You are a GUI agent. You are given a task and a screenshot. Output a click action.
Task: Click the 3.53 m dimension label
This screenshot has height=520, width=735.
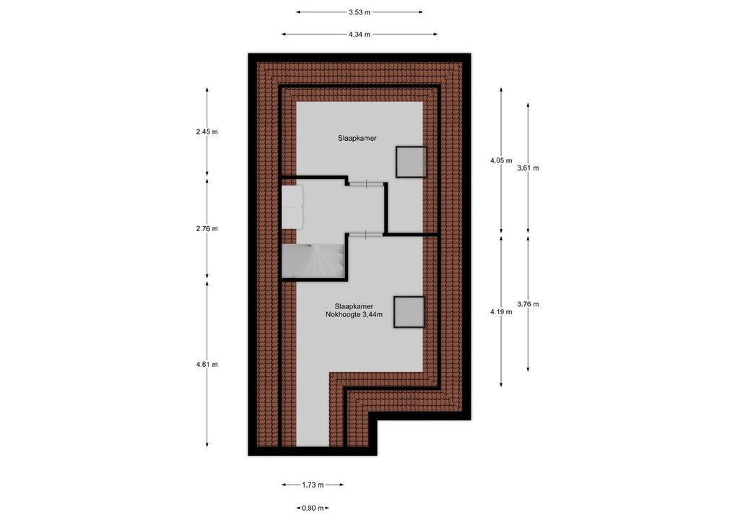[x=360, y=12]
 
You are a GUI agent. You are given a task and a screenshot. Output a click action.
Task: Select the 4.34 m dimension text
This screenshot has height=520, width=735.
[x=360, y=35]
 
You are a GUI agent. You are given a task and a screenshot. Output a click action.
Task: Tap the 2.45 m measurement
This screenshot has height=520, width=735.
[x=206, y=131]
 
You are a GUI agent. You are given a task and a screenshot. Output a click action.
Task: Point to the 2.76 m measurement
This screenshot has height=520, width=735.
[x=206, y=229]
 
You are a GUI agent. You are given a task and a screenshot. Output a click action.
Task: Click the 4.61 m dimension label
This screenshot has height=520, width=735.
[x=206, y=365]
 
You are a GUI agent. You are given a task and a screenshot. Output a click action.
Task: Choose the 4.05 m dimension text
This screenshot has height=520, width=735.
[x=500, y=160]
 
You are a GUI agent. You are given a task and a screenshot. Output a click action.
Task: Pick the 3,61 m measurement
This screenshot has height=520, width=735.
[x=528, y=168]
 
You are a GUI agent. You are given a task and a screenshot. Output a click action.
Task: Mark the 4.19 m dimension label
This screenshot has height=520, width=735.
[x=500, y=312]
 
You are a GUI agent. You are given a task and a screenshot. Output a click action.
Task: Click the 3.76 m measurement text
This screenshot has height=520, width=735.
[x=528, y=304]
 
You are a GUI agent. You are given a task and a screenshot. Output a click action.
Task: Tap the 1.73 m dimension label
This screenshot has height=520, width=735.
[x=313, y=485]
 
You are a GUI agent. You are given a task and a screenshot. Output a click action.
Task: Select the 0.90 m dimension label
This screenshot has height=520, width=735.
[x=313, y=508]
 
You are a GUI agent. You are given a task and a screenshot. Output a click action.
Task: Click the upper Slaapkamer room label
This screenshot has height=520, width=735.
[x=357, y=138]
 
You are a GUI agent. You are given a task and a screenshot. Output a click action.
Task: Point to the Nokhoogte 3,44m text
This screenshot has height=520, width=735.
[x=354, y=315]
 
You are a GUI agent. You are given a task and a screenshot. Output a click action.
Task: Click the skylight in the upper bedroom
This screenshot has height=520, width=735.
[x=411, y=162]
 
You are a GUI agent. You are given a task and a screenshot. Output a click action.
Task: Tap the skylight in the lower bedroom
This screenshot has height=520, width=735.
[x=409, y=312]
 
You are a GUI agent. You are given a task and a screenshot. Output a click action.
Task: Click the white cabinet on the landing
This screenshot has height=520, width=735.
[x=292, y=207]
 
